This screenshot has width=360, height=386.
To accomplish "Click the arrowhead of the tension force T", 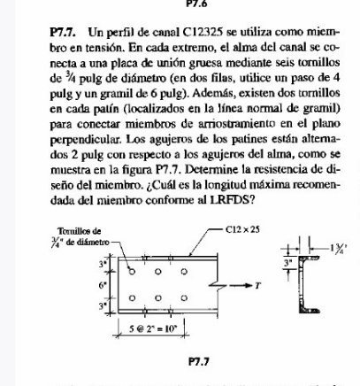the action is pos(250,287).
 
